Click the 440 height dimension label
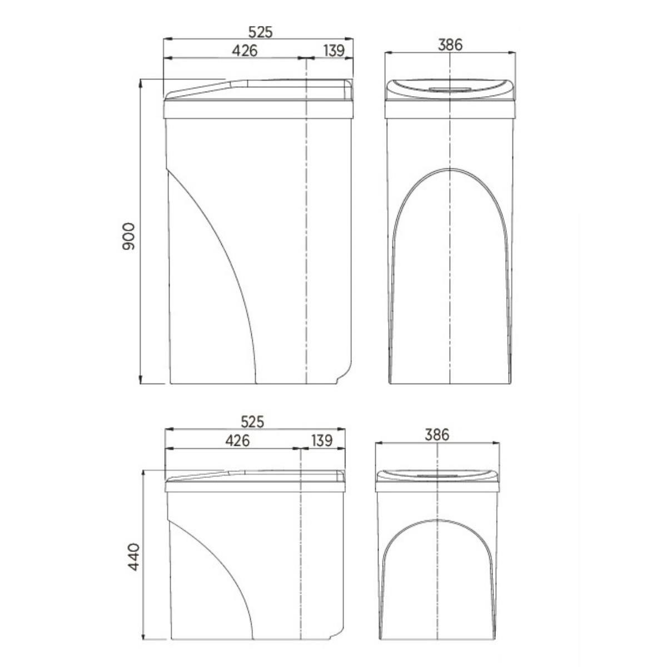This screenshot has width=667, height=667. tap(133, 556)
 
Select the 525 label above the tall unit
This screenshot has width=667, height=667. tap(261, 32)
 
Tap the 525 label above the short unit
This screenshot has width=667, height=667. tap(253, 422)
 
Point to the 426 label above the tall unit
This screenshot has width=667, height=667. tap(245, 51)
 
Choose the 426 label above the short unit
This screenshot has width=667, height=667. tap(237, 441)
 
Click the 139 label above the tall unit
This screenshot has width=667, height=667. tap(334, 51)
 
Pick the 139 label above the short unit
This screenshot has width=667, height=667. tap(322, 441)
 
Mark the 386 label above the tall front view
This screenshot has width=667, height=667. tap(450, 44)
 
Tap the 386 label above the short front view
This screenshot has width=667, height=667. tap(437, 435)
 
